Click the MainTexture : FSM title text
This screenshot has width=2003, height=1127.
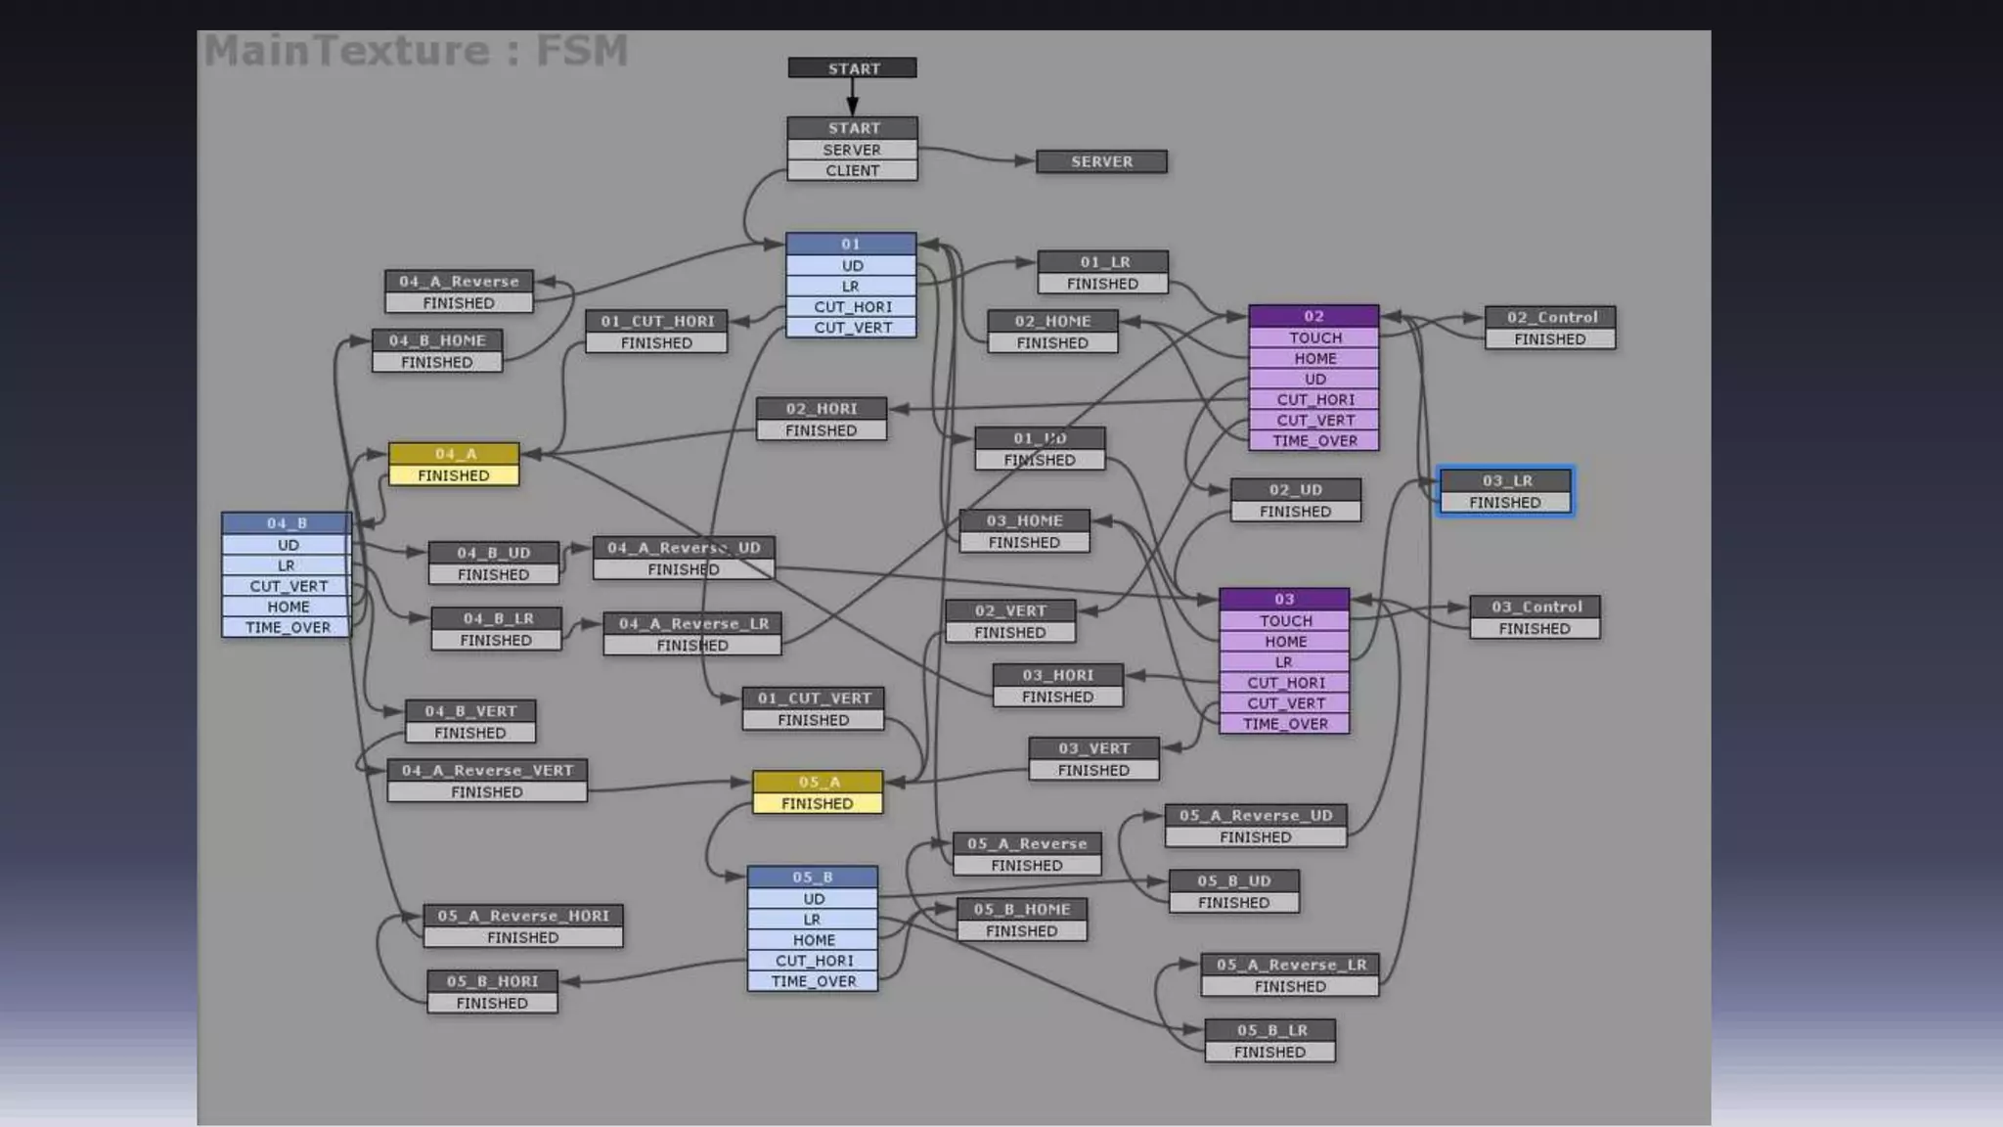click(x=416, y=51)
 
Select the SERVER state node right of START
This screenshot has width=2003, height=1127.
click(x=1101, y=161)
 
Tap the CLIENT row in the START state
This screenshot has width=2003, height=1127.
click(x=852, y=170)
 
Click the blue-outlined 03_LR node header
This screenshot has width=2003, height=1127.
click(x=1505, y=480)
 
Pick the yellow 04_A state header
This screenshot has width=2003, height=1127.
click(x=454, y=454)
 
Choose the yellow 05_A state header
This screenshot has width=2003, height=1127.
click(x=818, y=782)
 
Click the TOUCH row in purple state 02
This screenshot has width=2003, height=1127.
click(x=1313, y=338)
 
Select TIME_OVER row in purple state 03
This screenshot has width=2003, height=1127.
click(x=1284, y=724)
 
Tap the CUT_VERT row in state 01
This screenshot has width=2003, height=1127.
click(x=852, y=328)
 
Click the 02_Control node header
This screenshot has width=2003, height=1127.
click(x=1550, y=317)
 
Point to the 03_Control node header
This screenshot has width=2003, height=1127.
click(x=1535, y=607)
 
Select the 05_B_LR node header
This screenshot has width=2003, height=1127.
click(x=1269, y=1030)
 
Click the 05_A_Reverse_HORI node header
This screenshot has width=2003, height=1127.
click(x=523, y=916)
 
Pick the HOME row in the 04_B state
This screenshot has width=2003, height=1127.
click(x=287, y=607)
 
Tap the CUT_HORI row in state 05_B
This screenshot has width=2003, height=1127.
click(x=813, y=961)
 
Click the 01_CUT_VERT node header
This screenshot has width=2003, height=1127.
click(x=813, y=699)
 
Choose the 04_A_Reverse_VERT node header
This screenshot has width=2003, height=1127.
click(x=487, y=770)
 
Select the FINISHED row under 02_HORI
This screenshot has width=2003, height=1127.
click(x=821, y=430)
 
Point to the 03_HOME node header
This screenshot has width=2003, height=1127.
click(x=1024, y=520)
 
